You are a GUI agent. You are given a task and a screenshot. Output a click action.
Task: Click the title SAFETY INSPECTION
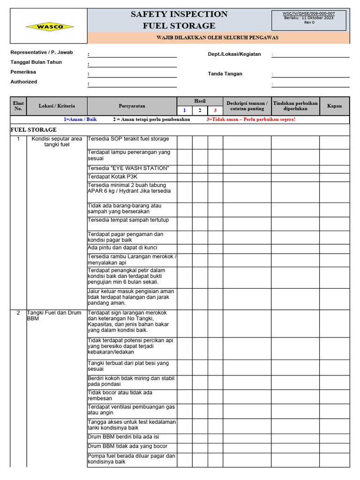click(x=179, y=14)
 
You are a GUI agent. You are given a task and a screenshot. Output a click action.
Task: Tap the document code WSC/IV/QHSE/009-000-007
click(x=309, y=14)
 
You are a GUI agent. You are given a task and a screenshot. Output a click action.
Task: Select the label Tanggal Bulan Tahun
click(x=36, y=62)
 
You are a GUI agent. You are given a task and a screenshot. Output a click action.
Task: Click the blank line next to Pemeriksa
click(x=133, y=74)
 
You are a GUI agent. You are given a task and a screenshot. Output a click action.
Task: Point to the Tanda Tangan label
click(x=225, y=74)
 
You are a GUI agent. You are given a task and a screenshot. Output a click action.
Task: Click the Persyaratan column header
click(x=132, y=106)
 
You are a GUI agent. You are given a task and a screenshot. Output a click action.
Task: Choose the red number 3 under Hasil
click(x=215, y=111)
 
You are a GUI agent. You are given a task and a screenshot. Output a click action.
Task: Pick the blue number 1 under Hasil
click(x=184, y=111)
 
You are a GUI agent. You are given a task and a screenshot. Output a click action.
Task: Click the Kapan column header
click(x=334, y=106)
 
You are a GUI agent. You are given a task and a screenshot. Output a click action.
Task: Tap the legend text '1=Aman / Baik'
click(x=80, y=120)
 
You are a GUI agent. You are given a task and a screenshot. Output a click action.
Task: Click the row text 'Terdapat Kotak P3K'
click(x=112, y=177)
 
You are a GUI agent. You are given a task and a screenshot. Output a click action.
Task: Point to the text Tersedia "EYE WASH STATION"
click(x=128, y=168)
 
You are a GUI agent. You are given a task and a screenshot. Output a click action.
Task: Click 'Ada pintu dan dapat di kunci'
click(x=122, y=247)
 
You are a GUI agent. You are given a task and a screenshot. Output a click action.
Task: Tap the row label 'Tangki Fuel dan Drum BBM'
click(x=54, y=315)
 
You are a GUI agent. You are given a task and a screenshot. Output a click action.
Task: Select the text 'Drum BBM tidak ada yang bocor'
click(x=127, y=446)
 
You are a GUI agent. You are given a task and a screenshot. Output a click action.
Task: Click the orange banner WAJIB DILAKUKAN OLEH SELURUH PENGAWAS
click(x=218, y=37)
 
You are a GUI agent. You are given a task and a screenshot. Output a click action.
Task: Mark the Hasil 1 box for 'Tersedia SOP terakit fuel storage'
click(x=184, y=142)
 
